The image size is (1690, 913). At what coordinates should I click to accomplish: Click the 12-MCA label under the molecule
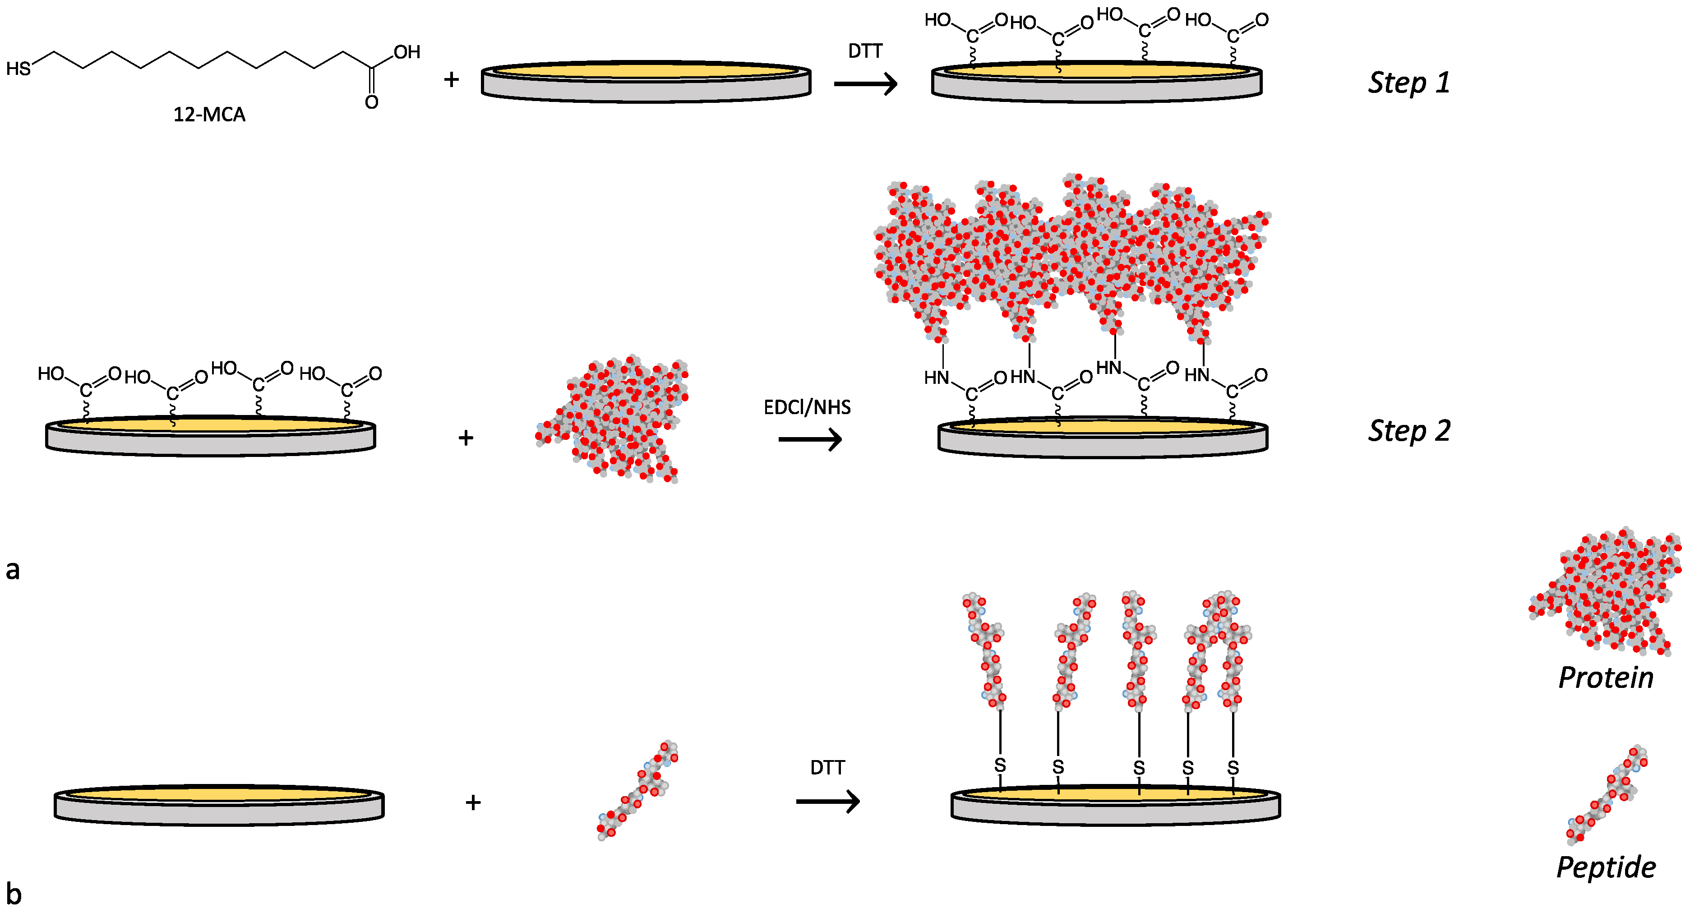tap(209, 115)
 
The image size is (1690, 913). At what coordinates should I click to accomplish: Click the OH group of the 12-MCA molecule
tap(407, 52)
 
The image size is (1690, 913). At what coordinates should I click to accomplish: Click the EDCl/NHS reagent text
tap(807, 407)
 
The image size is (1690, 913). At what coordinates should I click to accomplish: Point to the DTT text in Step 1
tap(865, 51)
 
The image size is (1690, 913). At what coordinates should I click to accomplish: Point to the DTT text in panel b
tap(827, 767)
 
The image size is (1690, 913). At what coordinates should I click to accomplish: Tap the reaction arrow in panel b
tap(827, 802)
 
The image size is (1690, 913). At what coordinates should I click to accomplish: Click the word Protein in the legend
tap(1605, 678)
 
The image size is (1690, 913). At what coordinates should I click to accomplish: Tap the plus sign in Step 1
tap(451, 80)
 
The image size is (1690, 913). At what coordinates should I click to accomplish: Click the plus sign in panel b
tap(473, 802)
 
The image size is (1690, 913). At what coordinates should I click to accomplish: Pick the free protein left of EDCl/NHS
tap(614, 420)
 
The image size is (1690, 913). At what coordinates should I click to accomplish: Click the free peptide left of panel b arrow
tap(637, 790)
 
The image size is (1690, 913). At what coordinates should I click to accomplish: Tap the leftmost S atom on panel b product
tap(1000, 765)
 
